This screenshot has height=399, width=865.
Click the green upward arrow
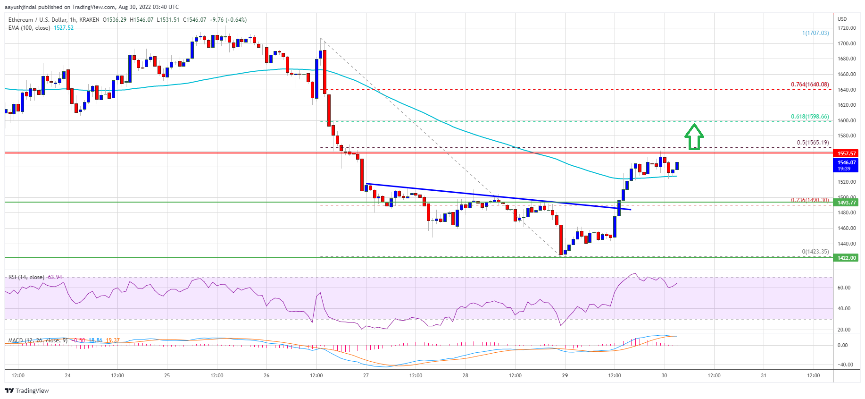pos(694,137)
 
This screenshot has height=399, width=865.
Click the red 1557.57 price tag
pos(847,153)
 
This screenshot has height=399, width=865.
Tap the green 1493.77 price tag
pos(847,203)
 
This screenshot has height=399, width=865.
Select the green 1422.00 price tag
pos(847,258)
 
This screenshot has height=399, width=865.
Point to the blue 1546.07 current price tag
pos(847,162)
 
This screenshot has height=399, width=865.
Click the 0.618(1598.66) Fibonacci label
pos(809,117)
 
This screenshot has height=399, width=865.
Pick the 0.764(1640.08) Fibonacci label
pos(809,85)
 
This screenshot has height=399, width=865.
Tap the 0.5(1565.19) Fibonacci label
pos(813,143)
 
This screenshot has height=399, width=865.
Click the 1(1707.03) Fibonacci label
pos(815,33)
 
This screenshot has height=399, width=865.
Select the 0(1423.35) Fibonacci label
pos(815,252)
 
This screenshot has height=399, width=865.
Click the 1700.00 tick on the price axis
pos(847,43)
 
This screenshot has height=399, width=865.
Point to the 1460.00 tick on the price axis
pos(847,228)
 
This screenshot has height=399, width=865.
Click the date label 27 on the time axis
pos(366,375)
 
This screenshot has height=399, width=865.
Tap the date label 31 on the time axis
pos(764,375)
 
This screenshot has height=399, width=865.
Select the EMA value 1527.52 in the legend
pos(64,28)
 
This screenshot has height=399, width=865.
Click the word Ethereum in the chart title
pos(21,20)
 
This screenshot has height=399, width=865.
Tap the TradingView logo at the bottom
pos(27,391)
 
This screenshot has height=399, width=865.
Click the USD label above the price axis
pos(842,19)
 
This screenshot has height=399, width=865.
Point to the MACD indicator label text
pos(15,340)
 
